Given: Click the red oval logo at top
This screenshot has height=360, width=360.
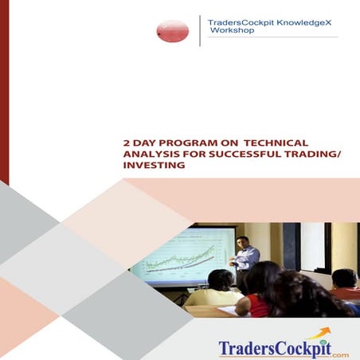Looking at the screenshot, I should [173, 30].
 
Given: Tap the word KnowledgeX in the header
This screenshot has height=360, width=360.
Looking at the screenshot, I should [304, 22].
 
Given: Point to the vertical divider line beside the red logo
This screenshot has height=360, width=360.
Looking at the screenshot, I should [199, 30].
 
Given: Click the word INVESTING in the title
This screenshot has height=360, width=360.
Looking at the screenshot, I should [154, 166].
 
